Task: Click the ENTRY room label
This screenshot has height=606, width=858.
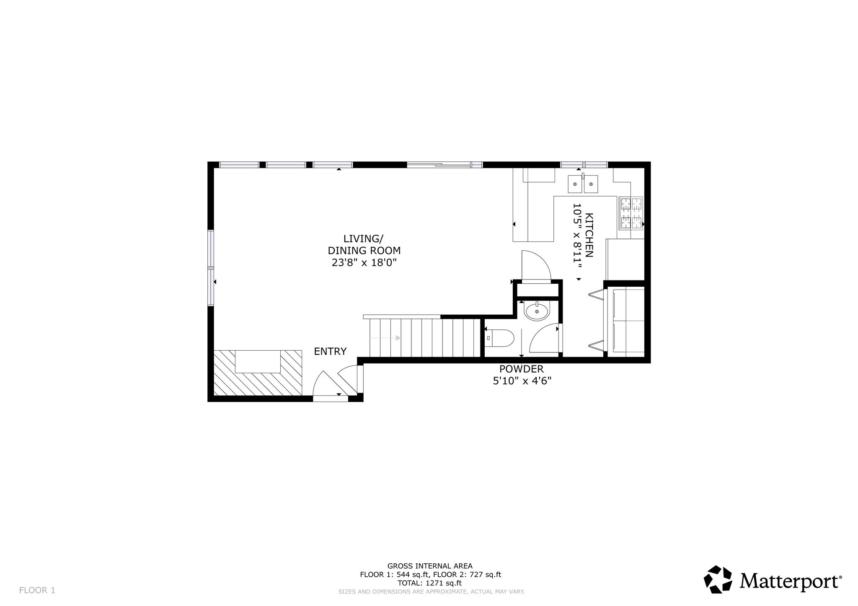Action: click(x=330, y=352)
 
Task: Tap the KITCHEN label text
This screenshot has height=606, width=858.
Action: click(x=589, y=235)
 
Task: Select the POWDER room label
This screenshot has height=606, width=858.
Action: click(x=521, y=369)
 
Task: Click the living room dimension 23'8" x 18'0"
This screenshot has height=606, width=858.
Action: click(x=364, y=263)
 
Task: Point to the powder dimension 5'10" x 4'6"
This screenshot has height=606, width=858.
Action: click(x=521, y=381)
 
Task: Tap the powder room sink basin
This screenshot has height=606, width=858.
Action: click(x=537, y=311)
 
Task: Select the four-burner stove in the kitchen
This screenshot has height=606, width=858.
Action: click(x=631, y=213)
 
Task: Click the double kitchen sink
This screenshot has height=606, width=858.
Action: click(x=583, y=183)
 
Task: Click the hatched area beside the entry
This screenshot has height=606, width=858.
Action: click(x=258, y=372)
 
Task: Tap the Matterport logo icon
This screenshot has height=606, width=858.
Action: click(x=718, y=580)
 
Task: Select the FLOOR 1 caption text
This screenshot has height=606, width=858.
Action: click(x=37, y=591)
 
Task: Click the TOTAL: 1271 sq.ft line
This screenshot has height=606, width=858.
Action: click(x=430, y=583)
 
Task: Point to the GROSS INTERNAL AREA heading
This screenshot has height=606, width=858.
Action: click(x=430, y=566)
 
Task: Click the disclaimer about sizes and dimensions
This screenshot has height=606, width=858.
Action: click(x=432, y=592)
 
